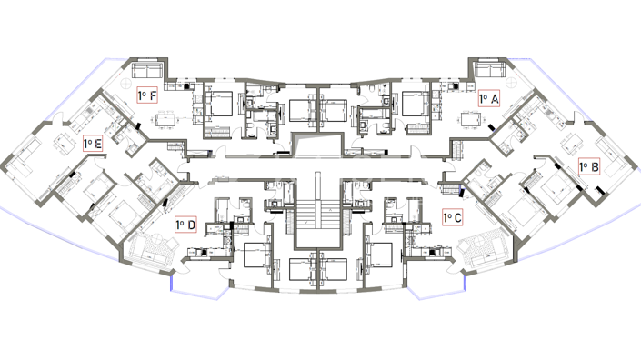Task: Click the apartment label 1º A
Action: (x=489, y=98)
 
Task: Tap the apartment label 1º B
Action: (x=588, y=166)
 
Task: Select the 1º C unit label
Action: (x=452, y=217)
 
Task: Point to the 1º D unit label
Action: (x=185, y=224)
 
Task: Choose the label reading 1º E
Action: (x=92, y=144)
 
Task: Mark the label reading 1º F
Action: (x=148, y=94)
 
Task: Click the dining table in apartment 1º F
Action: (x=166, y=119)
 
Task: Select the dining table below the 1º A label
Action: (x=469, y=119)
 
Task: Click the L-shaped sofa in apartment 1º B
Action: (x=614, y=159)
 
